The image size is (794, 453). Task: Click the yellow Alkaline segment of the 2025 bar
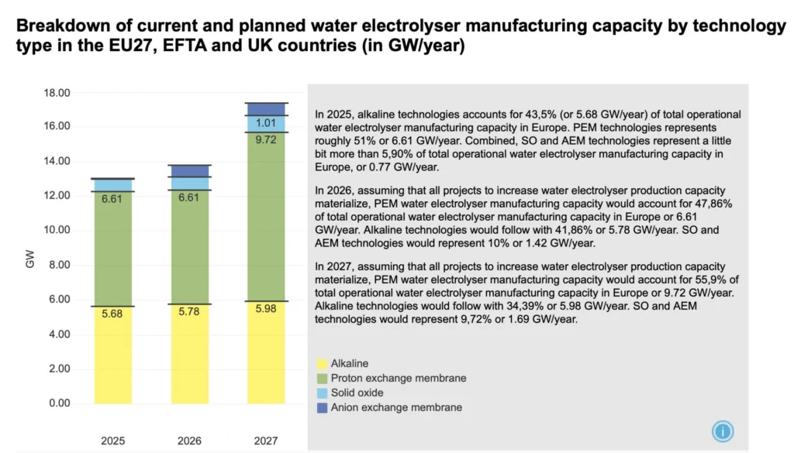112,356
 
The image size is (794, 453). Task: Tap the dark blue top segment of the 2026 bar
189,170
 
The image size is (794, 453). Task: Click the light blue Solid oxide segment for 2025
112,185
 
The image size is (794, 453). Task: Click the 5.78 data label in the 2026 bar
189,312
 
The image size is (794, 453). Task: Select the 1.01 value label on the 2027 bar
267,123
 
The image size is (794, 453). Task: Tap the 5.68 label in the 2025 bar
112,314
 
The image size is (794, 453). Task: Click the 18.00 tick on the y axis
58,93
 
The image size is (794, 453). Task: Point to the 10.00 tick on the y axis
58,230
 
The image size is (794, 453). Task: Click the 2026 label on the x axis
189,440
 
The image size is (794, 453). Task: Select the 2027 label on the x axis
267,440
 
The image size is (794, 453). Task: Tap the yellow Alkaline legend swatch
322,363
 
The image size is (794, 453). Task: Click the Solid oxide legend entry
357,393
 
